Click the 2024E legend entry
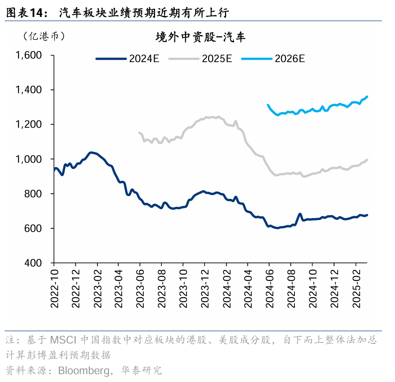(x=128, y=59)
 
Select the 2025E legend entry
(x=201, y=59)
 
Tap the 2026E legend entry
(x=273, y=59)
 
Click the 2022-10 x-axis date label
(x=54, y=288)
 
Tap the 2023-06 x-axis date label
(x=140, y=288)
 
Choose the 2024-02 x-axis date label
(x=226, y=288)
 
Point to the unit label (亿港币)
(x=44, y=36)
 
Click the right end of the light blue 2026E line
(x=367, y=96)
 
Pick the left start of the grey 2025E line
(x=139, y=133)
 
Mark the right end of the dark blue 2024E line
(x=367, y=215)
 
